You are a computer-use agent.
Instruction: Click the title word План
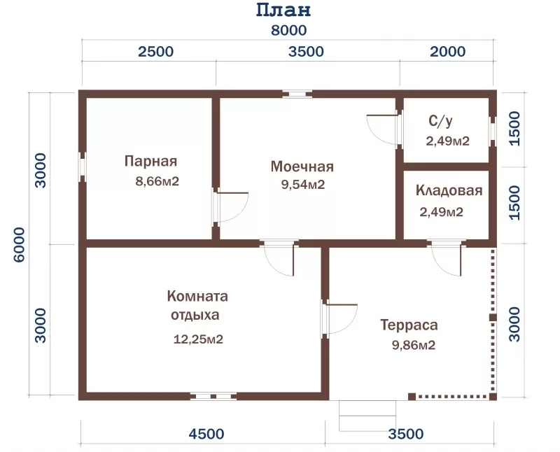pos(283,10)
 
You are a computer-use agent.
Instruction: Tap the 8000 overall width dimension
pos(288,30)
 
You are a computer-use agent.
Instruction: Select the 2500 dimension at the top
pos(155,52)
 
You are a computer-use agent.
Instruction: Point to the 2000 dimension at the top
pos(447,52)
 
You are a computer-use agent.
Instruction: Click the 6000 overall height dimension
pos(20,245)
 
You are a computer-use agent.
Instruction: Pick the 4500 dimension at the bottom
pos(206,434)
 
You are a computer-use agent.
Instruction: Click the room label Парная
pos(150,162)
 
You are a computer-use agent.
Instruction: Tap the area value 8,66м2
pos(157,181)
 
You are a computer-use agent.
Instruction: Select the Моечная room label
pos(302,167)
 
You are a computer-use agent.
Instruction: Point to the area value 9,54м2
pos(303,185)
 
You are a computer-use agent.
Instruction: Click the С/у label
pos(440,121)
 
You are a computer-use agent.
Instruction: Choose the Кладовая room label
pos(449,190)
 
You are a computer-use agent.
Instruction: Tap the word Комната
pos(197,297)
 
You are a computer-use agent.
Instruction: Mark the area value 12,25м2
pos(198,339)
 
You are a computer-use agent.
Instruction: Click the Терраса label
pos(409,325)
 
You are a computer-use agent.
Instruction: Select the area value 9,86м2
pos(414,345)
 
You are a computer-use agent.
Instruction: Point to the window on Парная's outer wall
pos(82,167)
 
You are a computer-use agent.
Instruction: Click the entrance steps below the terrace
pos(367,416)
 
